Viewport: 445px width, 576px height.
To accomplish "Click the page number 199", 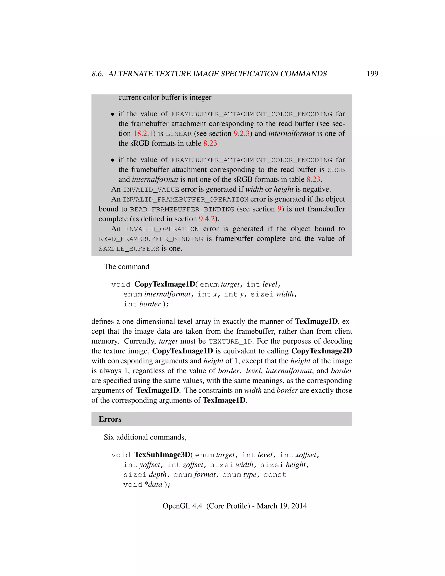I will [x=372, y=74].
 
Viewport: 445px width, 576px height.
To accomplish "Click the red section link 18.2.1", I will [x=143, y=133].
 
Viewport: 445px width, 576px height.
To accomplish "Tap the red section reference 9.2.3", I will [x=241, y=133].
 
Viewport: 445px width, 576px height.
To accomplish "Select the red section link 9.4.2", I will [x=207, y=219].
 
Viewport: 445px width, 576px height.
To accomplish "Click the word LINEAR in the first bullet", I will [x=178, y=134].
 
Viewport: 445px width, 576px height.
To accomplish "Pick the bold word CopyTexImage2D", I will [x=322, y=351].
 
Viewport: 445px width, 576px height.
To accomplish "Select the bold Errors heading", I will [x=110, y=419].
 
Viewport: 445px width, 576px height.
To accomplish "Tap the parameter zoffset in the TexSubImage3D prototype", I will [x=193, y=465].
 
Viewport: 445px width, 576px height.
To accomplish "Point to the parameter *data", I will [x=153, y=484].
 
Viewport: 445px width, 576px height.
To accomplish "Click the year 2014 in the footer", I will [x=299, y=506].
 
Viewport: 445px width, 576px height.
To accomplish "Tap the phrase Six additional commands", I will [x=145, y=437].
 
